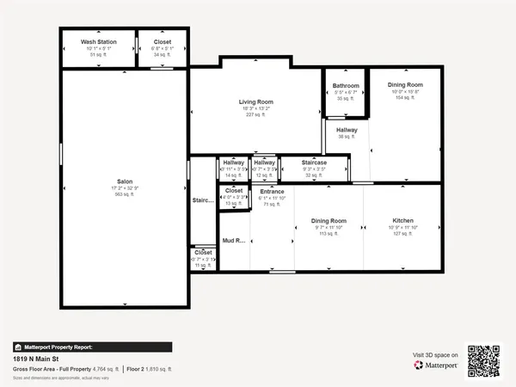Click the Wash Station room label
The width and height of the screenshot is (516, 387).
tap(99, 41)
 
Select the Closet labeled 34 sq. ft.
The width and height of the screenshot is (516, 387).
tap(163, 41)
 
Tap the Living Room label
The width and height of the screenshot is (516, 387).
tap(255, 101)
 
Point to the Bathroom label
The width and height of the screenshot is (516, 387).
tap(346, 86)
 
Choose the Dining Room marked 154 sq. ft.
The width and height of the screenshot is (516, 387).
tap(405, 84)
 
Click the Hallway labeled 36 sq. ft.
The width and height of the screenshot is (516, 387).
tap(347, 130)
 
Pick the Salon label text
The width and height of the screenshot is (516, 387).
tap(125, 181)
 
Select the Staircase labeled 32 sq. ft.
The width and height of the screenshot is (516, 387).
tap(314, 162)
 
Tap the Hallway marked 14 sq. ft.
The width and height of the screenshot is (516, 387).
tap(234, 162)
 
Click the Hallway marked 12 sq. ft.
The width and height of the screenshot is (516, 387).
tap(264, 162)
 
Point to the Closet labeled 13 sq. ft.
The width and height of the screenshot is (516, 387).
tap(234, 191)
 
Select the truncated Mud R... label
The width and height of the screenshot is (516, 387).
tap(235, 241)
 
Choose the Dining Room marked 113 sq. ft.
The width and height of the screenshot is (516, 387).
tap(329, 221)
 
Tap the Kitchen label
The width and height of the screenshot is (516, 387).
tap(403, 221)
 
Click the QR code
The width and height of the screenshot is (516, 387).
tap(483, 359)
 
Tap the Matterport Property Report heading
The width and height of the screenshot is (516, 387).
tap(59, 346)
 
